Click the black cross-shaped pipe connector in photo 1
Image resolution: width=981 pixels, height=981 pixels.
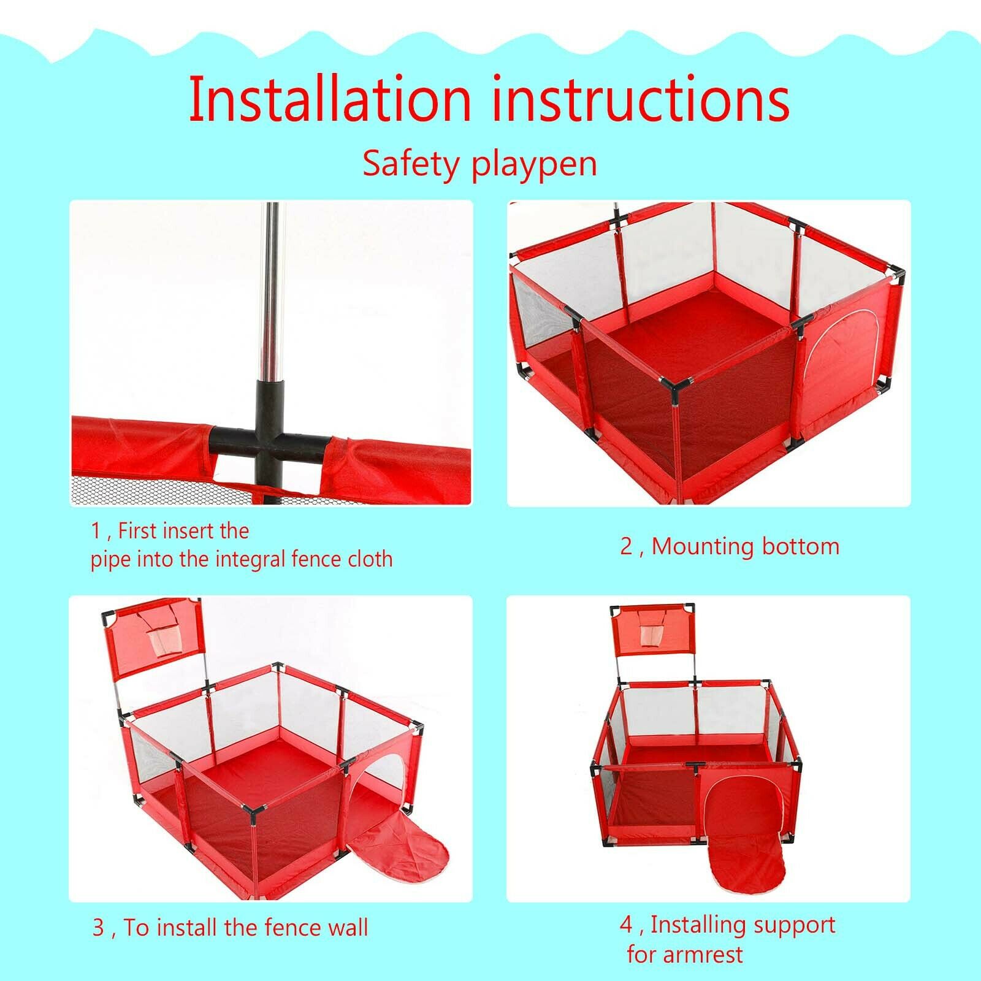[x=270, y=440]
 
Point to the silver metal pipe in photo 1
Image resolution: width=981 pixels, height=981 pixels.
[x=270, y=291]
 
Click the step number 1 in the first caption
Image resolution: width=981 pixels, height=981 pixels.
[x=96, y=530]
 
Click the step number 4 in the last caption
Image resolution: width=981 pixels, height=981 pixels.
[x=625, y=925]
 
